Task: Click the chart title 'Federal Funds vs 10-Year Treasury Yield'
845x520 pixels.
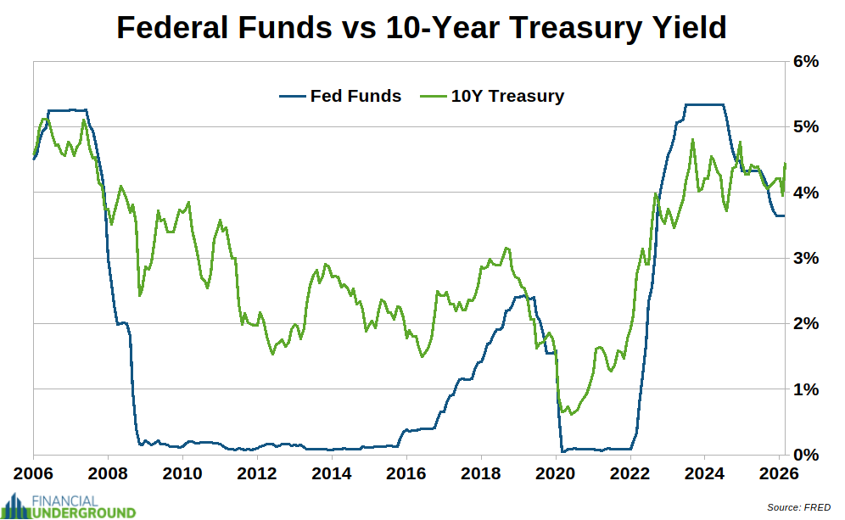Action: pyautogui.click(x=422, y=27)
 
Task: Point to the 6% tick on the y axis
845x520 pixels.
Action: pyautogui.click(x=806, y=61)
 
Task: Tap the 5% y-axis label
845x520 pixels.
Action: pyautogui.click(x=806, y=126)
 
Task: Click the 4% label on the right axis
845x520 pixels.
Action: pyautogui.click(x=806, y=193)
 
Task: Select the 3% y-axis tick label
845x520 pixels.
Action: pyautogui.click(x=806, y=258)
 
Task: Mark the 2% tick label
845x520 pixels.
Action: pyautogui.click(x=806, y=323)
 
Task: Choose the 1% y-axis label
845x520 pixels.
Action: pyautogui.click(x=806, y=389)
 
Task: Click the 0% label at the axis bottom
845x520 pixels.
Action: pyautogui.click(x=806, y=455)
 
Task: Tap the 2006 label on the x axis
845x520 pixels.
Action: pyautogui.click(x=34, y=472)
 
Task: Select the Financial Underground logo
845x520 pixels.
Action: pyautogui.click(x=69, y=506)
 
